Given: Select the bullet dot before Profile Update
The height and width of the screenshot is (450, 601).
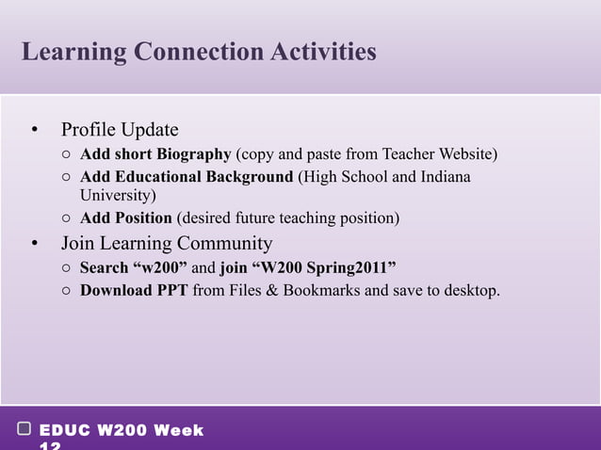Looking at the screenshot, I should pyautogui.click(x=34, y=129).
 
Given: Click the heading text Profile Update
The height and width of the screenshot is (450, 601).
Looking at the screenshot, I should pyautogui.click(x=120, y=129).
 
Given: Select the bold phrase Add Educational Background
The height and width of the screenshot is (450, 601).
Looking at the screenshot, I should pyautogui.click(x=187, y=177).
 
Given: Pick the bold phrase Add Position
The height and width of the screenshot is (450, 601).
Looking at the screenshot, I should pyautogui.click(x=126, y=218).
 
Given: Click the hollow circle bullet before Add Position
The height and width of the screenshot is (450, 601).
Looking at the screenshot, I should pyautogui.click(x=67, y=218).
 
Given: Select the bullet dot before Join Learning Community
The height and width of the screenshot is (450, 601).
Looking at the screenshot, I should pyautogui.click(x=34, y=244).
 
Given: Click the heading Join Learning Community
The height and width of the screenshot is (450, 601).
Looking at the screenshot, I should pyautogui.click(x=167, y=244).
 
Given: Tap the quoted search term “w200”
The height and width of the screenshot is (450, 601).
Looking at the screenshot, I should pyautogui.click(x=163, y=268).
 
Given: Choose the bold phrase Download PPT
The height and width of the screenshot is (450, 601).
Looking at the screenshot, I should pyautogui.click(x=134, y=290).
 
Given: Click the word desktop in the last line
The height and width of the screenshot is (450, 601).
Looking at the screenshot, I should pyautogui.click(x=469, y=290).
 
